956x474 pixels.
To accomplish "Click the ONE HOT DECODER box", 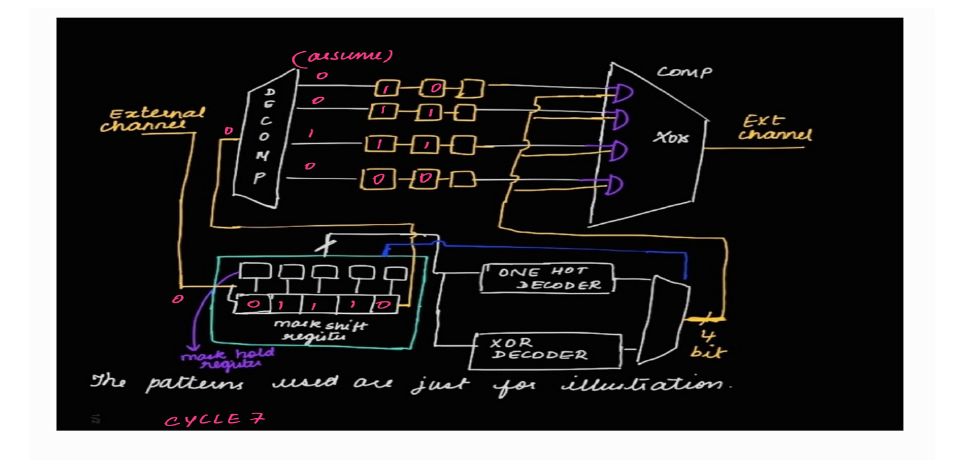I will tap(546, 278).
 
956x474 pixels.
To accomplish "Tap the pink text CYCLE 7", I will tap(215, 420).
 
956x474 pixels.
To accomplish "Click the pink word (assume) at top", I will tap(343, 57).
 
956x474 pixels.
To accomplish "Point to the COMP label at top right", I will tap(684, 72).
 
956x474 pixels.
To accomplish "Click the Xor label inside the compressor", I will tap(671, 139).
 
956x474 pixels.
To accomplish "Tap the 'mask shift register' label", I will tap(311, 330).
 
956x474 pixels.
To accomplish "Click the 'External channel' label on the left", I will tap(152, 119).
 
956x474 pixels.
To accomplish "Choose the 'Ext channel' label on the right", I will tap(775, 128).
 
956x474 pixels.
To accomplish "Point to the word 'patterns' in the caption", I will tap(194, 384).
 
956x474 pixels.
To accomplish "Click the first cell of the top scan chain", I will tap(387, 88).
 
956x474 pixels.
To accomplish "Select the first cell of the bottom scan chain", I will tap(377, 179).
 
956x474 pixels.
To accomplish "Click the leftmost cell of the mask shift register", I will tap(253, 305).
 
